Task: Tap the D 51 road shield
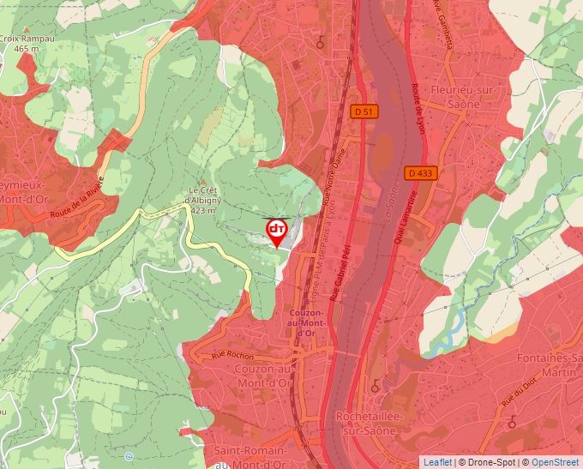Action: click(364, 111)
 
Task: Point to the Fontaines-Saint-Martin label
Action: click(549, 364)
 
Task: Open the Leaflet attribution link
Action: click(437, 462)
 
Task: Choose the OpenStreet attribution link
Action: click(556, 462)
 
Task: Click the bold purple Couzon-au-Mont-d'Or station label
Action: click(307, 323)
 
